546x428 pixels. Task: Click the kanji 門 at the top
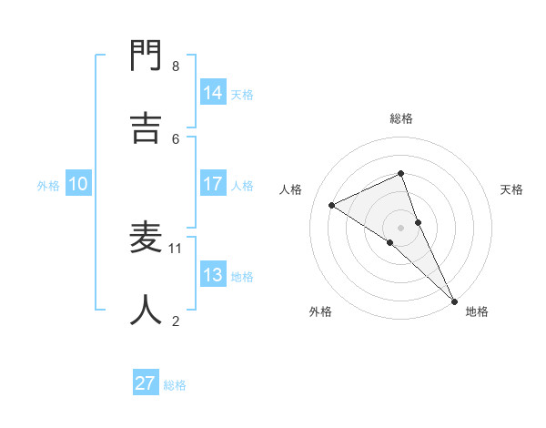(147, 56)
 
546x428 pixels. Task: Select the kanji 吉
(147, 128)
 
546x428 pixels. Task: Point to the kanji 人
(147, 310)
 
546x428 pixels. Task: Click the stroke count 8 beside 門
(176, 66)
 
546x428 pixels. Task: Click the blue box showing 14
(212, 93)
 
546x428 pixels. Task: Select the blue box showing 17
(212, 184)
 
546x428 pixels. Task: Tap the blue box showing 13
(212, 275)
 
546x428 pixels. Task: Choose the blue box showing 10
(78, 184)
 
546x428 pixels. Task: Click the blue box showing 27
(146, 383)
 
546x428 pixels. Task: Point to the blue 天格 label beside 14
(242, 95)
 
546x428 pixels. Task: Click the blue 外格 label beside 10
(48, 186)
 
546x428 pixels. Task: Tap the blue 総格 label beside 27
(175, 385)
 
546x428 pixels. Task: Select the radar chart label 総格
(401, 118)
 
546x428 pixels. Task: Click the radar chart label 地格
(477, 311)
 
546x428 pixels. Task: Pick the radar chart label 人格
(290, 189)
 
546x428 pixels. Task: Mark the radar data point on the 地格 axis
(454, 300)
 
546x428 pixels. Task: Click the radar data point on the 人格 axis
(332, 205)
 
